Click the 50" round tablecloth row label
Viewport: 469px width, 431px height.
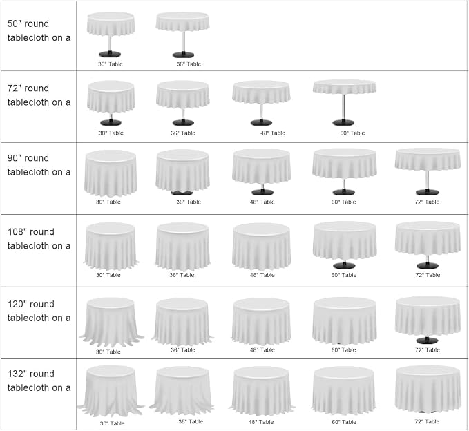[x=39, y=30]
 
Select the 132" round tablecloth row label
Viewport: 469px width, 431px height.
[x=39, y=381]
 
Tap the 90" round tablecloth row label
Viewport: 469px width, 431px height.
[x=39, y=165]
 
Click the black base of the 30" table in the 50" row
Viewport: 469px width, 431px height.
[x=110, y=54]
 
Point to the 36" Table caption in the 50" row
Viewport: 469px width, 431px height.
[x=189, y=64]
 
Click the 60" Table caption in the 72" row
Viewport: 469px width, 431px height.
[x=352, y=133]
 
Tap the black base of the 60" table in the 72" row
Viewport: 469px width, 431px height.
[x=343, y=122]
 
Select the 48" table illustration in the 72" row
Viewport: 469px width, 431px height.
[x=261, y=103]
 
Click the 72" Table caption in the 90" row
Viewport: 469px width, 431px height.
[x=427, y=202]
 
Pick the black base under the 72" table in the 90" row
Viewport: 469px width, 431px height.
[x=428, y=192]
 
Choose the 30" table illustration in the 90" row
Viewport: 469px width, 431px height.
[x=111, y=173]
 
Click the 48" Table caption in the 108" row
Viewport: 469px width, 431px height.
[x=262, y=275]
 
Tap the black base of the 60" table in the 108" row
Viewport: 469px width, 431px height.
[x=344, y=265]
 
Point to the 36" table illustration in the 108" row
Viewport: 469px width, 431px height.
[x=182, y=247]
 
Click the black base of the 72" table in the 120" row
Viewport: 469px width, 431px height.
[x=428, y=340]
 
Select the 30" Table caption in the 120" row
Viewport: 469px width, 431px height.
[x=108, y=352]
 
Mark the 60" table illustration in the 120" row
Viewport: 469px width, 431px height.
[x=344, y=322]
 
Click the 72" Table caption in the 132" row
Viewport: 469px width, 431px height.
[x=427, y=421]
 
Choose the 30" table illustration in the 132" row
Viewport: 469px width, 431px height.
[x=111, y=391]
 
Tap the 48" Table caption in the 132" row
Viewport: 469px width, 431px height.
[x=261, y=422]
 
